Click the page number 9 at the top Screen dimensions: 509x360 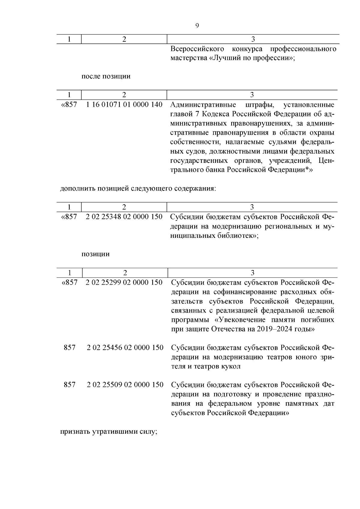pos(197,26)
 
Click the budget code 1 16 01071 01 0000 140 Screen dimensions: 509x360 pos(124,105)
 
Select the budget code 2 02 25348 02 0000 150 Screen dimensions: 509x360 pos(124,217)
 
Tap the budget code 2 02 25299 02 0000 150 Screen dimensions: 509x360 pos(124,282)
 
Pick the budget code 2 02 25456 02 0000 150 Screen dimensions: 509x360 pos(125,348)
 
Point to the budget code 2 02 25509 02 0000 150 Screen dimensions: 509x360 pos(125,385)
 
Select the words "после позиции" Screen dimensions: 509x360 pos(106,76)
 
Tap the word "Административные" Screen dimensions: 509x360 pos(203,105)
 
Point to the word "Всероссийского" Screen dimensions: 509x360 pos(197,49)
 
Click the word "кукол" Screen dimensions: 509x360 pos(232,367)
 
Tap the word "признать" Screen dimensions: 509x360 pos(75,432)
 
